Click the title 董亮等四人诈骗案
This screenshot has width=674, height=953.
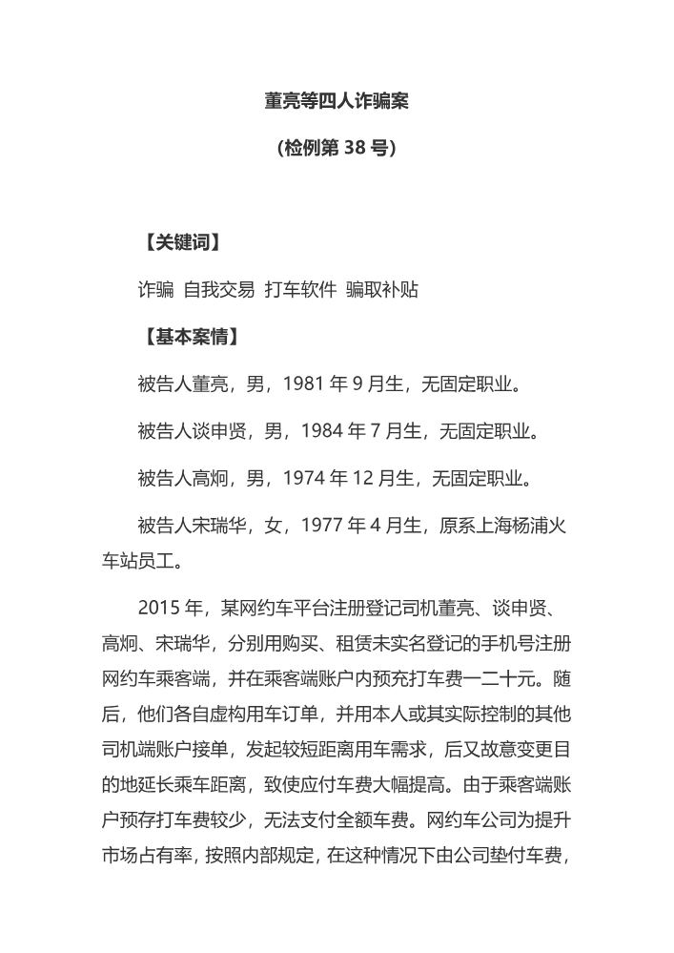pyautogui.click(x=337, y=100)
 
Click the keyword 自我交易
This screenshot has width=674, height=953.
pyautogui.click(x=219, y=290)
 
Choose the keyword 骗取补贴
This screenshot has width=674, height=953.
pyautogui.click(x=382, y=290)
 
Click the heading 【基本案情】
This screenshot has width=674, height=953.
pyautogui.click(x=190, y=337)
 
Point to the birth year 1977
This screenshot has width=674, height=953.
pyautogui.click(x=321, y=525)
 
